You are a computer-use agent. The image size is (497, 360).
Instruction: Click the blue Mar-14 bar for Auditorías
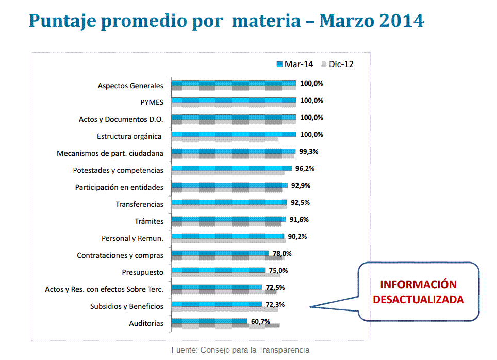(x=209, y=321)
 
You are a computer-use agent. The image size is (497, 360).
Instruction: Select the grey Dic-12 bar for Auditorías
(x=225, y=325)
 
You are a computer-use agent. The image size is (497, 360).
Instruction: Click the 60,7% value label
(x=261, y=321)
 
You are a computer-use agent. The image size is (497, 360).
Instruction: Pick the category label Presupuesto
(x=142, y=272)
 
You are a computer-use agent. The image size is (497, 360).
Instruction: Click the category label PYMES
(x=152, y=102)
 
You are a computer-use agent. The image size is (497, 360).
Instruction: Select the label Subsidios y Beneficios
(x=126, y=306)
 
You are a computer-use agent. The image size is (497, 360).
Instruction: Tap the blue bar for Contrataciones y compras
(x=220, y=253)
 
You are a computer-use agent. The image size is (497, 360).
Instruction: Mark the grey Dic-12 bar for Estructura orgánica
(x=225, y=139)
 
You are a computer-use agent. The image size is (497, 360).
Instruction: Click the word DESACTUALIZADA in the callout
(x=418, y=299)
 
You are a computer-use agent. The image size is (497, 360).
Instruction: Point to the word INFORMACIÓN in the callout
(x=418, y=285)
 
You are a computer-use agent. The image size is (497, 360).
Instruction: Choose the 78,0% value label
(x=282, y=253)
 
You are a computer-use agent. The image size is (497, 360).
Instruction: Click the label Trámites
(x=149, y=221)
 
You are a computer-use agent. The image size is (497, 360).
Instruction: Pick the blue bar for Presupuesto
(x=218, y=270)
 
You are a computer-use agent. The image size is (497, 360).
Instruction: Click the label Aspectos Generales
(x=130, y=86)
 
